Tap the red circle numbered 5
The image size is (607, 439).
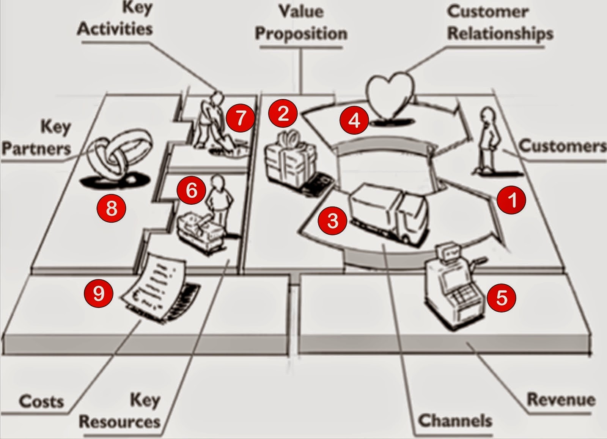[x=501, y=298]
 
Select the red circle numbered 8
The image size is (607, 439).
[x=111, y=208]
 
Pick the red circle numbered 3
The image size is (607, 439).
[x=332, y=220]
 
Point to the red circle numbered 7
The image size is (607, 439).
[x=241, y=118]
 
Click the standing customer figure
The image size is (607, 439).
[x=487, y=140]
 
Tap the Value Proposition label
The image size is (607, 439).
[x=301, y=23]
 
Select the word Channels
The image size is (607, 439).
[x=454, y=420]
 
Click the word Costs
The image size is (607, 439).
[x=41, y=401]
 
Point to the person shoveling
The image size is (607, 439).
[x=211, y=121]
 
